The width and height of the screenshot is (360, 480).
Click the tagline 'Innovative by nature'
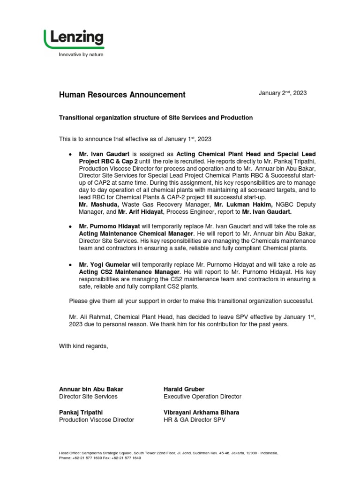pyautogui.click(x=81, y=55)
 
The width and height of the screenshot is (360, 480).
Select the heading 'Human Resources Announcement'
pyautogui.click(x=122, y=95)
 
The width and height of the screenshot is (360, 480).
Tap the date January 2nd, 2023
pyautogui.click(x=283, y=93)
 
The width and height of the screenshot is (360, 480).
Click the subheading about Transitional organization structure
pyautogui.click(x=156, y=118)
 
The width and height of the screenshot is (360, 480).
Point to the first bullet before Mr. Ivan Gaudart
pyautogui.click(x=70, y=154)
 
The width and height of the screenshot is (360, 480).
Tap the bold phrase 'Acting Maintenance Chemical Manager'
pyautogui.click(x=136, y=233)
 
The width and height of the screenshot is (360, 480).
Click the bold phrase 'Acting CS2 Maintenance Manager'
pyautogui.click(x=129, y=272)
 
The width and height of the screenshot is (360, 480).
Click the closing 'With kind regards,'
pyautogui.click(x=83, y=346)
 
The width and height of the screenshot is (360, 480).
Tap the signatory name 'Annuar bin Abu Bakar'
pyautogui.click(x=91, y=390)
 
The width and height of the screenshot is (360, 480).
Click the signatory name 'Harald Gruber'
pyautogui.click(x=184, y=390)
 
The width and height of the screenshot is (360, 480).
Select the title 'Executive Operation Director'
pyautogui.click(x=202, y=397)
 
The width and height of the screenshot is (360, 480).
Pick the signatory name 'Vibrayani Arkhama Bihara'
pyautogui.click(x=201, y=412)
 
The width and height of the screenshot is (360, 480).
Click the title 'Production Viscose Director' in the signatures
pyautogui.click(x=96, y=420)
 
